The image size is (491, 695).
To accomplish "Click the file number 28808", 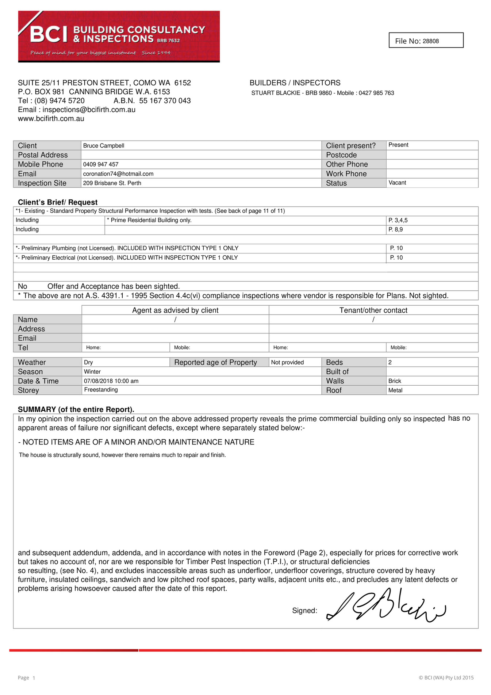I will click(431, 41).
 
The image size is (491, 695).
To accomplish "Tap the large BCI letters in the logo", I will click(49, 34).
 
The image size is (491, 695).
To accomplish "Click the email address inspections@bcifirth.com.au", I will click(89, 110).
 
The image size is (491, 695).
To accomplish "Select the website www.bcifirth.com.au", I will click(51, 119).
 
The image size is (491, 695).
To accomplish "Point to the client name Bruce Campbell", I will click(104, 146).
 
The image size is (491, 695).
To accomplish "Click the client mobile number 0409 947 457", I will click(101, 164).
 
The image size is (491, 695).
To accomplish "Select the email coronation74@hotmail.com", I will click(118, 174).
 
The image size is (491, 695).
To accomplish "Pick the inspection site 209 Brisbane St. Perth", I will click(112, 183).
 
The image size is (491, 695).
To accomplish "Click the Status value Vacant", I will click(397, 183).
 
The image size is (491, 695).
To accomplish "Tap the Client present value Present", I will click(398, 145).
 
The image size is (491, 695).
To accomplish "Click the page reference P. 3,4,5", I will click(398, 220).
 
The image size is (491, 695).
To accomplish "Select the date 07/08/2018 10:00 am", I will click(111, 381).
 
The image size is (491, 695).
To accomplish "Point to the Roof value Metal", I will click(395, 390).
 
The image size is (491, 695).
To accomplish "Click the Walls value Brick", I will click(395, 381).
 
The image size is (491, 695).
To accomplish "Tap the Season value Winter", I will click(92, 372).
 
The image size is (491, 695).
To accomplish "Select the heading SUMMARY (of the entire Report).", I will click(76, 409).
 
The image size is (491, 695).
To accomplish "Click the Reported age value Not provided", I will click(287, 362).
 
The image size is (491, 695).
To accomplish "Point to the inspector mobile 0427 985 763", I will click(376, 93).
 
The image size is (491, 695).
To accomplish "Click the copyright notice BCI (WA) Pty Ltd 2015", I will click(446, 678).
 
